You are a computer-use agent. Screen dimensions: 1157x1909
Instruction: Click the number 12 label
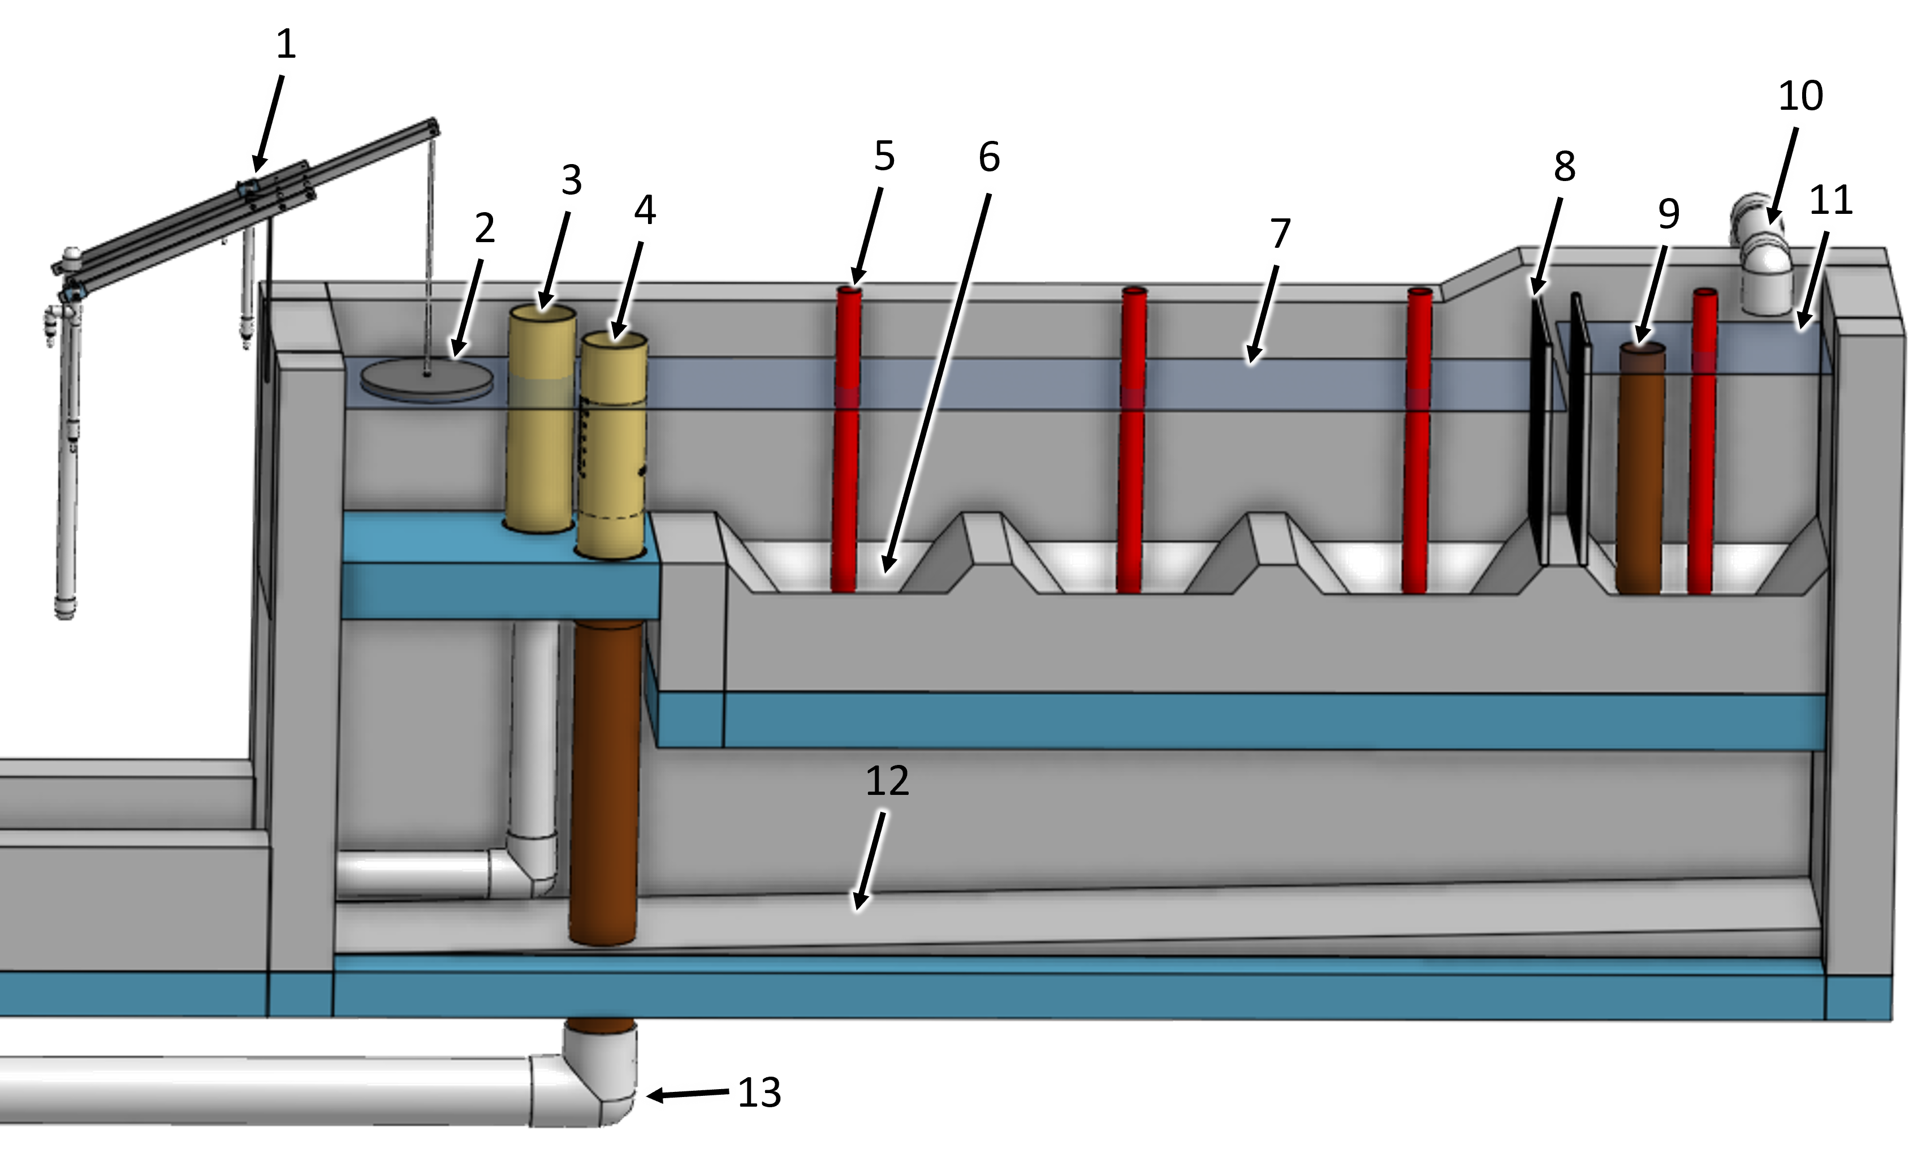click(x=887, y=781)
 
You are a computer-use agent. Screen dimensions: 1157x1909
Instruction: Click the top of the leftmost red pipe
click(x=849, y=291)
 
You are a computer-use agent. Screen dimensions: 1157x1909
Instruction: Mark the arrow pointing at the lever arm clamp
click(x=269, y=120)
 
